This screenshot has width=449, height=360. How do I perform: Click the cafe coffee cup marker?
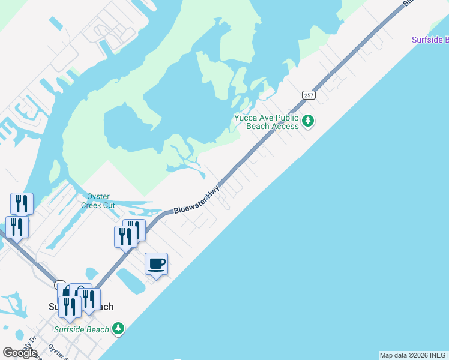(156, 264)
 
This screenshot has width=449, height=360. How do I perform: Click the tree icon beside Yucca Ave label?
(308, 121)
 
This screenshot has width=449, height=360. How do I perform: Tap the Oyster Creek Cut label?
(98, 200)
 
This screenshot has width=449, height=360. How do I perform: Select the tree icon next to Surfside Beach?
(119, 328)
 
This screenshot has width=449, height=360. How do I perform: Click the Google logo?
(19, 352)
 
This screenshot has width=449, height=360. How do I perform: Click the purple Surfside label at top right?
(430, 40)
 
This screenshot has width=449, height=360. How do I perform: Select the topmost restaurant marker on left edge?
(22, 204)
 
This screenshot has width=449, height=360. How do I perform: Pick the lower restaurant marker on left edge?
(17, 227)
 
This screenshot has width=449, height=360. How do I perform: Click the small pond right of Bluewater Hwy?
(130, 280)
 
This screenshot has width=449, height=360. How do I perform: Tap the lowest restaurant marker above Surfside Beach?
(70, 307)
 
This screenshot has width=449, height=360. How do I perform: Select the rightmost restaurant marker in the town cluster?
(89, 299)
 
